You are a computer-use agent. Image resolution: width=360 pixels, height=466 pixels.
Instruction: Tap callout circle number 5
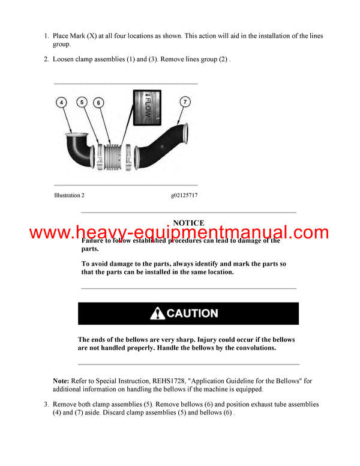83,102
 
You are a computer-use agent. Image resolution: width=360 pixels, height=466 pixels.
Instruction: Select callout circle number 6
98,103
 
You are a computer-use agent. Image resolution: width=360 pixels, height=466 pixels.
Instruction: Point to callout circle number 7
186,102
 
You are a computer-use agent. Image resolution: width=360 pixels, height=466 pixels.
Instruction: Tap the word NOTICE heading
188,223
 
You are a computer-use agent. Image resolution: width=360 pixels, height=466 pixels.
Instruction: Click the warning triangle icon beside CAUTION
157,313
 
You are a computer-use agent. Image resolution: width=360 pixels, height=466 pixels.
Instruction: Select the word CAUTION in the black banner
192,313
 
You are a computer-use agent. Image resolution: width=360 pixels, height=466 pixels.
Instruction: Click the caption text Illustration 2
69,195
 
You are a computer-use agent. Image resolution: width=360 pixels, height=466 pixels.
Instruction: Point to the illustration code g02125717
184,195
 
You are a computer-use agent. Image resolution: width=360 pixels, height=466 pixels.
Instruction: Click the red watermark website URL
179,233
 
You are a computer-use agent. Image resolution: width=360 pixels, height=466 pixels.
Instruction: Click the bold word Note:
61,381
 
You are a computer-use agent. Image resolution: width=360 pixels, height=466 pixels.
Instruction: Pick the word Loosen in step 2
65,60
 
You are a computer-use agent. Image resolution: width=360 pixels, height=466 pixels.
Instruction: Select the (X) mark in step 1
92,36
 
